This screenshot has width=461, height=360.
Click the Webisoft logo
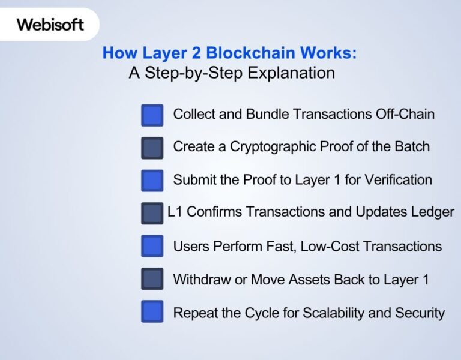50,25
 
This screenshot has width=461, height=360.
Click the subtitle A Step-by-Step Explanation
231,73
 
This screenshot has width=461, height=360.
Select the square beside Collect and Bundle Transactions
152,115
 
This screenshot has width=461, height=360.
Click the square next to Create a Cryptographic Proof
152,148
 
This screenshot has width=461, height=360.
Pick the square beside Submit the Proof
152,180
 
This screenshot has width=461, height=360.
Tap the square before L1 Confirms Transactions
152,213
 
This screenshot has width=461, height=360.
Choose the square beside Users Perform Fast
152,246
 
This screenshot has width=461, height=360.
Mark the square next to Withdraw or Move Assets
152,279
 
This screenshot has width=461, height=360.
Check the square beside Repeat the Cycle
152,312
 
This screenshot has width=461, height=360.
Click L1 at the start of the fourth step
175,212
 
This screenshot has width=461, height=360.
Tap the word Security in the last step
422,313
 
